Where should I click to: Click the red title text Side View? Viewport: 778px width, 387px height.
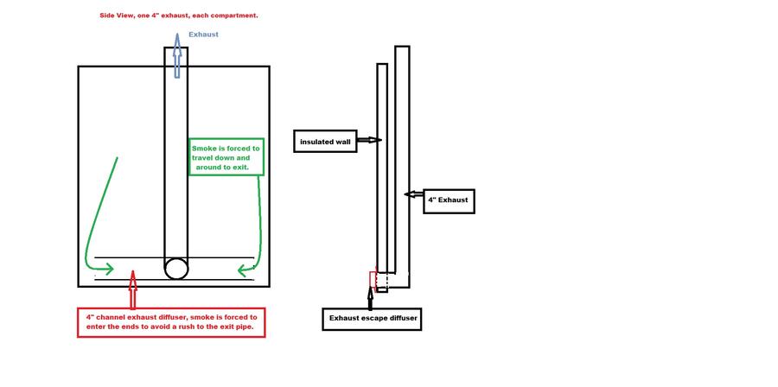[x=118, y=16]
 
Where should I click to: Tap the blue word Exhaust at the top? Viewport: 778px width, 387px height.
[x=203, y=35]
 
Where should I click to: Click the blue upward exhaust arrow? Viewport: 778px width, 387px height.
[x=176, y=55]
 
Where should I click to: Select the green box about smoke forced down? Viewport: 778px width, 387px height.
[x=226, y=158]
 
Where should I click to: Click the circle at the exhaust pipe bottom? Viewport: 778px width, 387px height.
[x=176, y=268]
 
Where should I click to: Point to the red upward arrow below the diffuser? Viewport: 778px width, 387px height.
[x=132, y=290]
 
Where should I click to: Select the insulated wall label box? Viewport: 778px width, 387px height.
[x=324, y=141]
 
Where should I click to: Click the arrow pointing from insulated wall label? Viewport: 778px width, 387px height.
[x=368, y=140]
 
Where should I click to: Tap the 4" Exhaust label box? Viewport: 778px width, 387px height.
[x=449, y=200]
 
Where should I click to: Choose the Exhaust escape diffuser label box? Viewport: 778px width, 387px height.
[x=372, y=319]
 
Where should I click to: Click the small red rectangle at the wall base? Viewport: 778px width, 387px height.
[x=373, y=280]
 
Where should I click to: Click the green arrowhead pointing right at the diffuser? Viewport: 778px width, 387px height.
[x=107, y=268]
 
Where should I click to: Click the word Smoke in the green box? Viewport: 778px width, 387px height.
[x=204, y=149]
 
